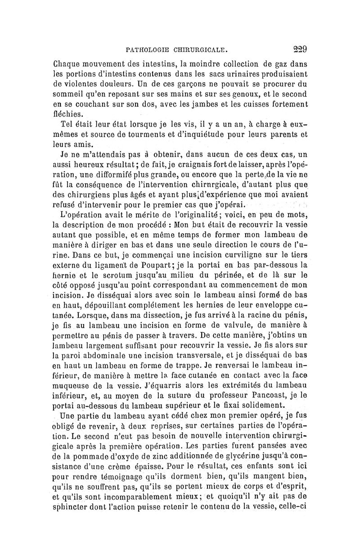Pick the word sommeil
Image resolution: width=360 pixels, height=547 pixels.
(x=68, y=94)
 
